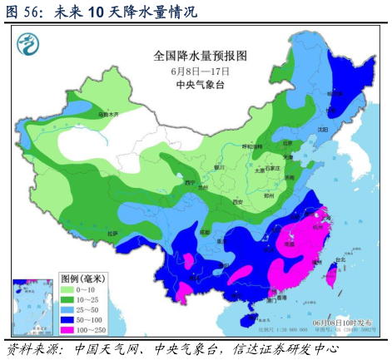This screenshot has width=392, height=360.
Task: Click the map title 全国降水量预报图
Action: (x=201, y=56)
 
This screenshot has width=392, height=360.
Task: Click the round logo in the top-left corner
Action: (x=32, y=42)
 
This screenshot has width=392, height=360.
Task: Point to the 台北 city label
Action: (x=340, y=259)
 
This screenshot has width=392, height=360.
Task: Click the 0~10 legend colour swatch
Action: (x=72, y=289)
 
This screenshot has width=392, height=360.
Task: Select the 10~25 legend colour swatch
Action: (x=72, y=299)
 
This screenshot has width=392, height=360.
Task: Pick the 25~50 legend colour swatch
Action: (x=72, y=309)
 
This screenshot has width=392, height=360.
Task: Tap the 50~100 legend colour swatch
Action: (x=72, y=319)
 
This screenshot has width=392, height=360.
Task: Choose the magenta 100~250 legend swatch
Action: (x=72, y=329)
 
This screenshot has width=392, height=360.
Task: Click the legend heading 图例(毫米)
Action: (x=86, y=279)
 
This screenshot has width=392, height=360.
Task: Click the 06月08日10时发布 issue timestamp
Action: (x=337, y=323)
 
